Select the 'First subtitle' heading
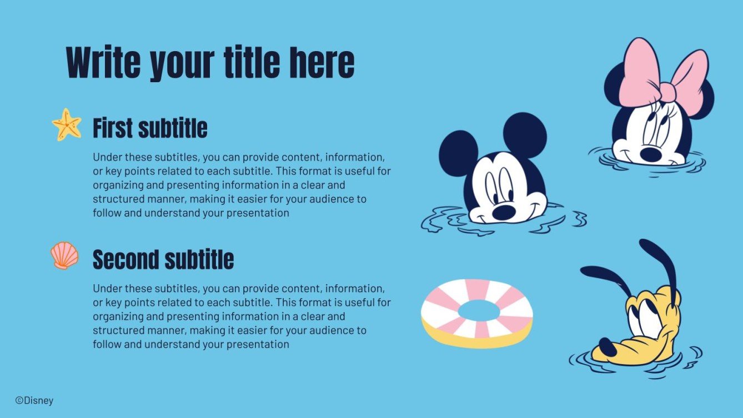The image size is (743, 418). tap(150, 128)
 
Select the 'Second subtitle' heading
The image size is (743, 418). tap(163, 260)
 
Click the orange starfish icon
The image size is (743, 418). tap(67, 124)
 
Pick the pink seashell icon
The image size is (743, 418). tap(64, 255)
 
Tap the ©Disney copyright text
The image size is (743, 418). tap(34, 400)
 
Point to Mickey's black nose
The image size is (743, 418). tap(503, 211)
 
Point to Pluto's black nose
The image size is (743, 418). tap(607, 348)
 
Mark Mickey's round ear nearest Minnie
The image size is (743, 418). tap(525, 134)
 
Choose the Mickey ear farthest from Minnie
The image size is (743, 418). tap(458, 153)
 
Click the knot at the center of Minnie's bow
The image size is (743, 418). tap(667, 92)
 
